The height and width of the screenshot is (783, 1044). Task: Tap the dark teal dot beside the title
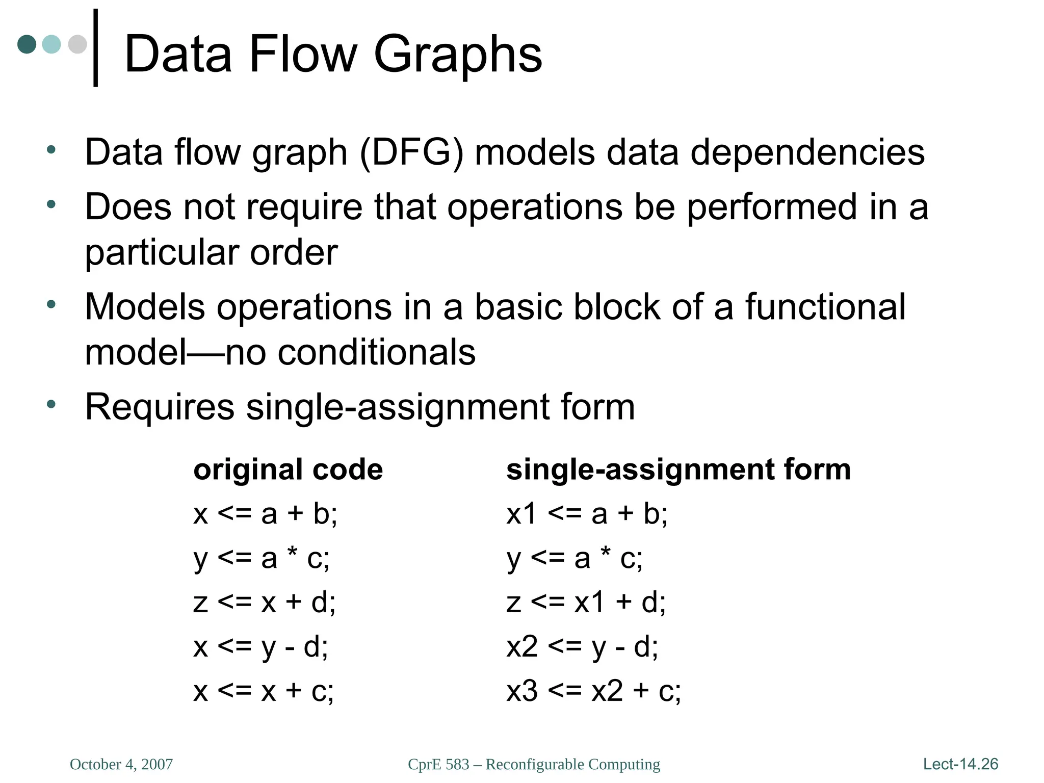27,44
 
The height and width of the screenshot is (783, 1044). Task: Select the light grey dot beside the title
77,44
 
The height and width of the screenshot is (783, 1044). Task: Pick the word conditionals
376,352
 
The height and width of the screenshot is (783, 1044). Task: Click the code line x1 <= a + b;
587,513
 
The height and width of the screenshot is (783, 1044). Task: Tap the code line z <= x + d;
265,602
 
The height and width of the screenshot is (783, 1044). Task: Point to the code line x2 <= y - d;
582,647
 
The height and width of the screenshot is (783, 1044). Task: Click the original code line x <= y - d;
260,647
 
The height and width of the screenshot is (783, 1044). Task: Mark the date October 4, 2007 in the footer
121,764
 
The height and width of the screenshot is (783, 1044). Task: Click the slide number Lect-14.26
960,764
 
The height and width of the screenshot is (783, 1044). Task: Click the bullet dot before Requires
51,405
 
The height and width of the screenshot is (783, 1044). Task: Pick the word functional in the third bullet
825,307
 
